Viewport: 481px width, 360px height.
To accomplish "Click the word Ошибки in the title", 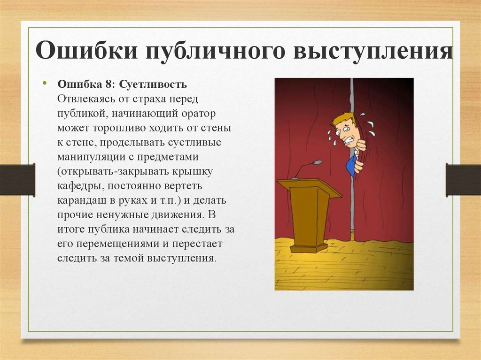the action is pyautogui.click(x=86, y=50).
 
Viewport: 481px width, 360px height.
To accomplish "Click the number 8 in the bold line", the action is pyautogui.click(x=109, y=84).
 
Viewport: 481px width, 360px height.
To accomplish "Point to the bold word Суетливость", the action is pyautogui.click(x=153, y=84).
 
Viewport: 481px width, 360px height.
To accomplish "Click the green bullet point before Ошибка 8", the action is pyautogui.click(x=45, y=83).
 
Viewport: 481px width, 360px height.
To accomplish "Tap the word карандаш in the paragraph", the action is pyautogui.click(x=81, y=200).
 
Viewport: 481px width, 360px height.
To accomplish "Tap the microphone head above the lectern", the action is pyautogui.click(x=317, y=162).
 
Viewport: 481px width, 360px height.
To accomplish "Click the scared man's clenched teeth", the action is pyautogui.click(x=350, y=143).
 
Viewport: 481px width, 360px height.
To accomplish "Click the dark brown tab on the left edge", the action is pyautogui.click(x=17, y=180).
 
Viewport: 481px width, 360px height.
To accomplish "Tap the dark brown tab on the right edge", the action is pyautogui.click(x=463, y=180).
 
